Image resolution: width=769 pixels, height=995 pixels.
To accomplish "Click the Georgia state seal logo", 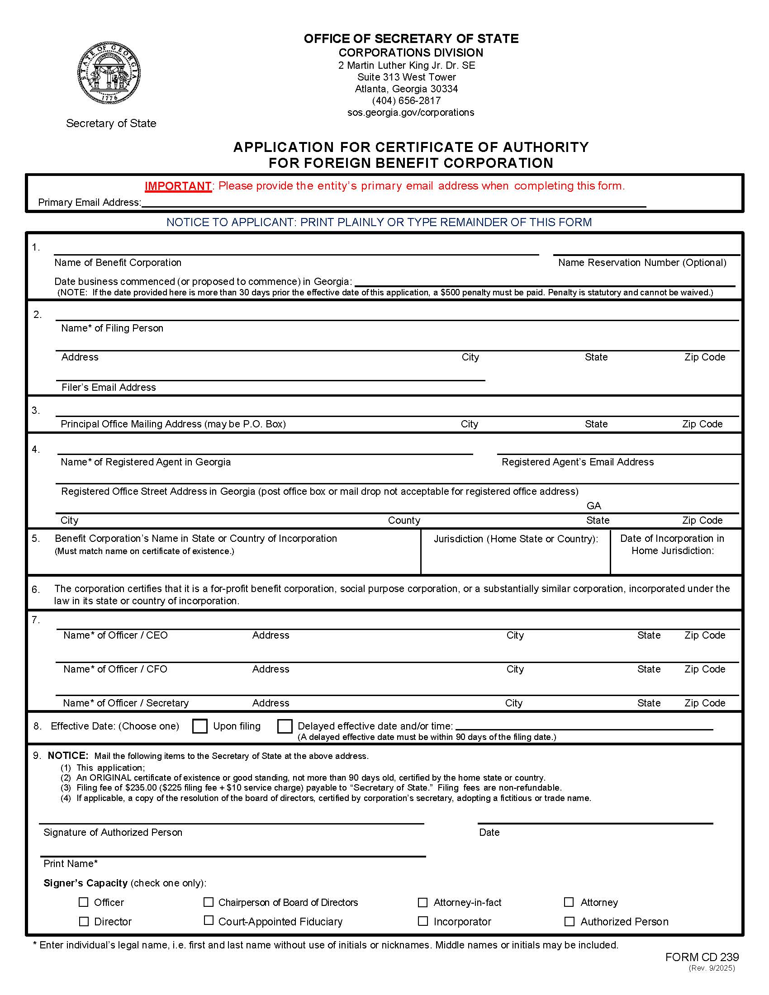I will coord(109,73).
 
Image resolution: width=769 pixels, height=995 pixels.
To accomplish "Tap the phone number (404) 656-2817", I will coord(406,101).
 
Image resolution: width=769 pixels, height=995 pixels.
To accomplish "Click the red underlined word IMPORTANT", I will coord(178,186).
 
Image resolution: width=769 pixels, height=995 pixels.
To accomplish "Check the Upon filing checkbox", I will coord(199,726).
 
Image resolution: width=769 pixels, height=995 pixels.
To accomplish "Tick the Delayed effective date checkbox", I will coord(285,726).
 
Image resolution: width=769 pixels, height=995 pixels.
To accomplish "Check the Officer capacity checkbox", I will coord(83,902).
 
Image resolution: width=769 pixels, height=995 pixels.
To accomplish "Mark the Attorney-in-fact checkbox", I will coord(422,902).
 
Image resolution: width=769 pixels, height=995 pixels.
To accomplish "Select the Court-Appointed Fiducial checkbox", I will coord(208,921).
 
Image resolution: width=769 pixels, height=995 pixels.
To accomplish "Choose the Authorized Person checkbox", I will coord(569,921).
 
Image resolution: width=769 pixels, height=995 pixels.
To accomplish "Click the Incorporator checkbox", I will coord(422,921).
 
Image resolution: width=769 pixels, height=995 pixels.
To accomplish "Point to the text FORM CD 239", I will coord(702,957).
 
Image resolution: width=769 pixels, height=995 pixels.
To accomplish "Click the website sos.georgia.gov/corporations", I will coord(410,113).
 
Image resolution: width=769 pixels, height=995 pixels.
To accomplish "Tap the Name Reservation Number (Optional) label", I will coord(642,263).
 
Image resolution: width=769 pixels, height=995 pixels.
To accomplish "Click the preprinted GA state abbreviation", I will coord(593,506).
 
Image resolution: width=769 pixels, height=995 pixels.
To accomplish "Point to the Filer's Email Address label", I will coord(109,387).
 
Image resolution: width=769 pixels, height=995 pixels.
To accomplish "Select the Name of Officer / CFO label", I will coord(115,669).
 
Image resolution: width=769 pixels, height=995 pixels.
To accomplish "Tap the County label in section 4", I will coord(403,520).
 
